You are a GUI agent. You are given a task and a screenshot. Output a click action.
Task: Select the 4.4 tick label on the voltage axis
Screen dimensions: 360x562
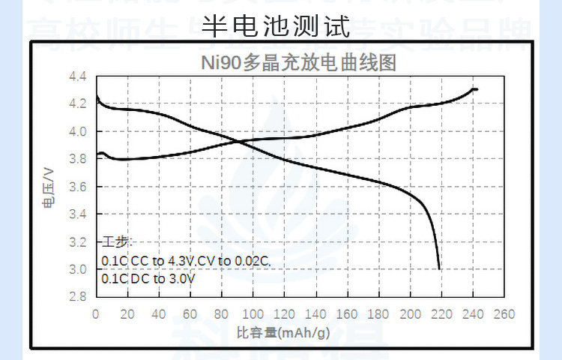[78, 76]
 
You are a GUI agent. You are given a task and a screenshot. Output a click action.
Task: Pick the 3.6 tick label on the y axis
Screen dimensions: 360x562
[78, 187]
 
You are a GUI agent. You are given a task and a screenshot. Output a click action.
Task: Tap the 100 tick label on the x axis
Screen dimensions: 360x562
[253, 313]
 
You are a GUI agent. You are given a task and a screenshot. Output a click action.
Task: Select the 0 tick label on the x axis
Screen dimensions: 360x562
[96, 313]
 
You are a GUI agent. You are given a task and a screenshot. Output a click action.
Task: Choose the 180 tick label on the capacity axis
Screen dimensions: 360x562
[379, 313]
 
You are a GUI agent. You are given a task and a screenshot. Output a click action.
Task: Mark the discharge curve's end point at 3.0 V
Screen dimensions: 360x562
[438, 268]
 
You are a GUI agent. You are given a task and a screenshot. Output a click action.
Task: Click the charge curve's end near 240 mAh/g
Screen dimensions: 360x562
[476, 89]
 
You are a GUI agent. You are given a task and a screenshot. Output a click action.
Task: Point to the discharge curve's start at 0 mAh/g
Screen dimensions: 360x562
[97, 97]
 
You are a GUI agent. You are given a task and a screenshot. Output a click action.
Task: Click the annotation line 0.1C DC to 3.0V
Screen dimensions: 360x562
[148, 278]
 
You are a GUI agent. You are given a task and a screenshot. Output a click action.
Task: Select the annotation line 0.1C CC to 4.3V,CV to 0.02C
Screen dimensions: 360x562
[185, 260]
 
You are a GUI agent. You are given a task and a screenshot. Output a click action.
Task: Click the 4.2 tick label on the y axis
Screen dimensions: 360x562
[78, 104]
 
